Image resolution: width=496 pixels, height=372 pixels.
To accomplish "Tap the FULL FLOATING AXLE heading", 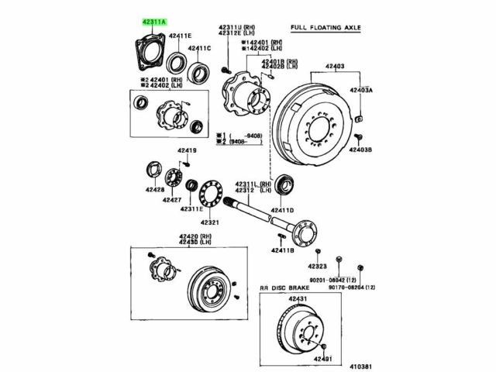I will pos(327,28).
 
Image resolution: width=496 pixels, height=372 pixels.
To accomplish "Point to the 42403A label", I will pos(361,90).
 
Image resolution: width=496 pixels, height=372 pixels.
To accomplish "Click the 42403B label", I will pos(361,150).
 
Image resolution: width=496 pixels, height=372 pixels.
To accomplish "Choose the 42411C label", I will pos(198,48).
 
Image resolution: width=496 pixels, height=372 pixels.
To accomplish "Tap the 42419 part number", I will pos(187,150).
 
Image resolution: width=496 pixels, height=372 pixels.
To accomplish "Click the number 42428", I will pos(153,190).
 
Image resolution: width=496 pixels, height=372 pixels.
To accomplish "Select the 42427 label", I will pos(172,199).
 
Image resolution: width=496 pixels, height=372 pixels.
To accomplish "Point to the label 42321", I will pos(211,222).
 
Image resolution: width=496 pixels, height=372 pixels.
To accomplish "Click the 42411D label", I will pos(282,210).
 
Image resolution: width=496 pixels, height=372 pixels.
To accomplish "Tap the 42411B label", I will pos(283,250).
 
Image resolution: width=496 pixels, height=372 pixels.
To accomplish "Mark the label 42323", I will pos(319,267).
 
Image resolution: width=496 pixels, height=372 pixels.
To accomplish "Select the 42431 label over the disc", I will pos(298,299).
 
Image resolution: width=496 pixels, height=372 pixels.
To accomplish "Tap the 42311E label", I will pos(191,209).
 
